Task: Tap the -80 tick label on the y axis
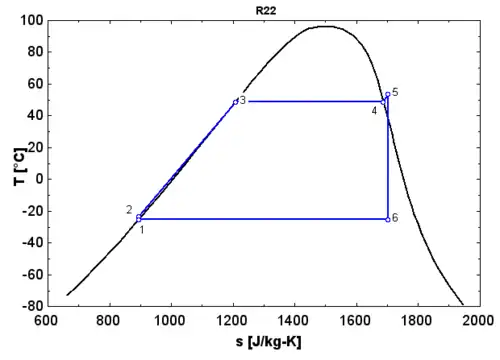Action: (28, 305)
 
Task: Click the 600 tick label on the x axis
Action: (46, 320)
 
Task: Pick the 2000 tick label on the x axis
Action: (478, 320)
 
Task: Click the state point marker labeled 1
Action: (139, 219)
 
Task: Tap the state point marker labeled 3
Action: (235, 102)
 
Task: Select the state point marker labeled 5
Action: (387, 95)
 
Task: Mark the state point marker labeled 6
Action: (387, 219)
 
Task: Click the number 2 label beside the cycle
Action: (129, 209)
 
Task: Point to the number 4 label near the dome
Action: (374, 110)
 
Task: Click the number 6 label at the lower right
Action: (395, 217)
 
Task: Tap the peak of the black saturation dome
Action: (327, 26)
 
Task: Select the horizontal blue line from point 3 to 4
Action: (310, 101)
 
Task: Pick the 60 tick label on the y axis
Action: (31, 84)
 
